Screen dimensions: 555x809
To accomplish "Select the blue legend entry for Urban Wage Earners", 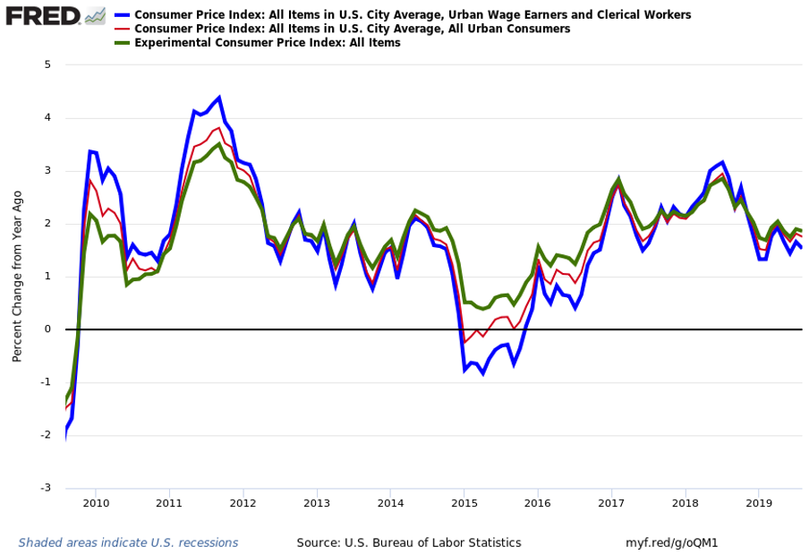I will pos(413,15).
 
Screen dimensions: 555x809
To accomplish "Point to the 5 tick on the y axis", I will pos(47,64).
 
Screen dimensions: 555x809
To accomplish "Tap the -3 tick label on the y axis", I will pos(46,488).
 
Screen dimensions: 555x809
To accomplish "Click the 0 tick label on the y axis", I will pos(47,329).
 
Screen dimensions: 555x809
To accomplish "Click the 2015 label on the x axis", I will pos(464,503).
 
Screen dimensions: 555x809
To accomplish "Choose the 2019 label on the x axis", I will pos(759,503).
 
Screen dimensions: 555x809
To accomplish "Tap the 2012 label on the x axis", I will pos(243,503).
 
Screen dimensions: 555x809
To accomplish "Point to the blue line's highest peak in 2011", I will pos(219,98).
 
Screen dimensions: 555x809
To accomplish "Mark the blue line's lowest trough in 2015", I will pos(483,373).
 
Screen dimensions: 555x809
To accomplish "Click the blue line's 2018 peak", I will pos(722,163).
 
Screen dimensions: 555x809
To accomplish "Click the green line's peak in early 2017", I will pos(618,179).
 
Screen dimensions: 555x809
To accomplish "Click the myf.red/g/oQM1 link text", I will pos(671,542).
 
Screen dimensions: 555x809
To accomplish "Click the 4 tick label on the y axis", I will pos(47,117).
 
